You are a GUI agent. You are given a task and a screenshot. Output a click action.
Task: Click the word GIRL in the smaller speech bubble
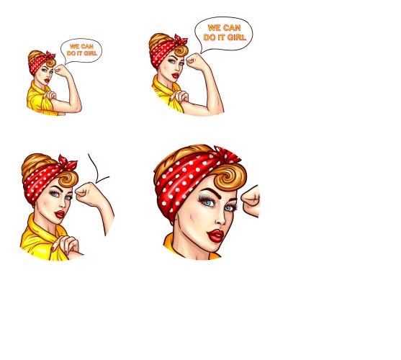point(90,53)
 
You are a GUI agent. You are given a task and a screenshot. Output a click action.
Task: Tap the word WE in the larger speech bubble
point(214,27)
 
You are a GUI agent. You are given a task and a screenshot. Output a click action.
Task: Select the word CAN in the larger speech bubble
point(232,27)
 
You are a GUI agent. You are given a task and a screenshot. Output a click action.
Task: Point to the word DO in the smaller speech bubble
point(71,53)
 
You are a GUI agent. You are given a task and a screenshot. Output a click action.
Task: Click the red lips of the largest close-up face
point(215,235)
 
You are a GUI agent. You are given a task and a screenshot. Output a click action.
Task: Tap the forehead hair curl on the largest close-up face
point(230,177)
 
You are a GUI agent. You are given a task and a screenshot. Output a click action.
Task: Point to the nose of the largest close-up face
point(221,218)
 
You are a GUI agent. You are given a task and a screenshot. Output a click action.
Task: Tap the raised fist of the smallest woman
point(60,70)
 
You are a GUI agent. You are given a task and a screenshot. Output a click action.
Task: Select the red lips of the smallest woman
point(47,81)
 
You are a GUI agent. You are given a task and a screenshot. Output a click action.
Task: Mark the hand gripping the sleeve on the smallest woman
point(50,95)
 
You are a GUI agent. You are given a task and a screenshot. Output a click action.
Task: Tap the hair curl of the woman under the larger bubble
point(181,50)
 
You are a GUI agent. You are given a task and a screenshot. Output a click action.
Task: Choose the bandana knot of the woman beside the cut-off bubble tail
point(68,162)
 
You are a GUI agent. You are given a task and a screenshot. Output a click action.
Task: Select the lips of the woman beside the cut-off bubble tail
point(60,215)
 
